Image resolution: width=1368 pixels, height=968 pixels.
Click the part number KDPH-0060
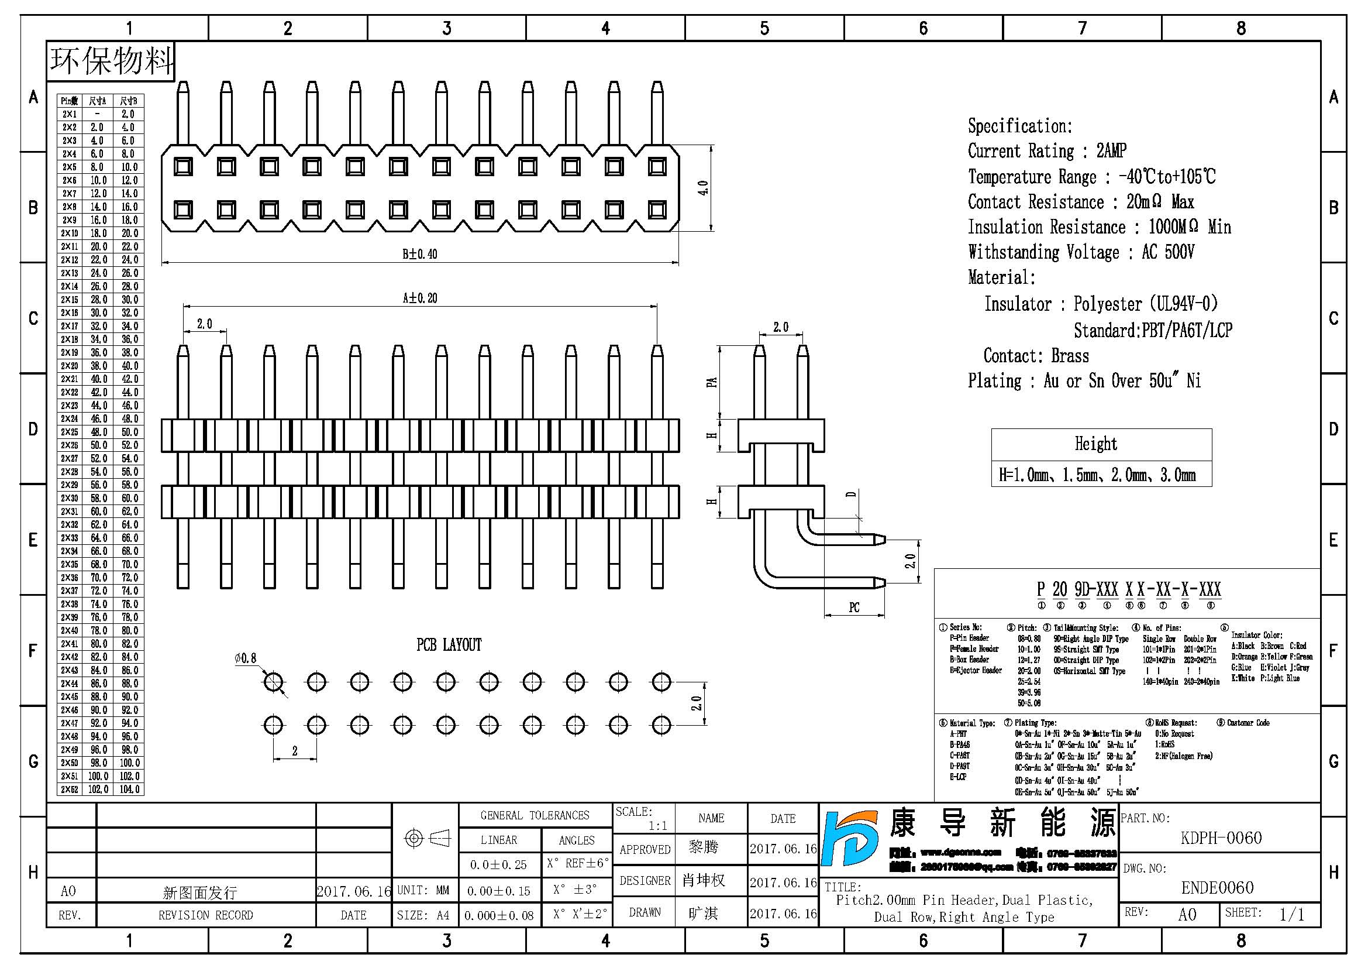[x=1221, y=838]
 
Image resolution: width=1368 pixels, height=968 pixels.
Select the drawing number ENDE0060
[x=1217, y=888]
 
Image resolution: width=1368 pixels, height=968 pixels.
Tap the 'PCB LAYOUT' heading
[x=449, y=645]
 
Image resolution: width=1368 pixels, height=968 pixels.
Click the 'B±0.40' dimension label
[x=419, y=255]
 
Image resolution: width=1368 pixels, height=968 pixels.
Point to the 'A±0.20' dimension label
[x=419, y=298]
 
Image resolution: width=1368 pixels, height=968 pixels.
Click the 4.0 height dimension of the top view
[x=703, y=188]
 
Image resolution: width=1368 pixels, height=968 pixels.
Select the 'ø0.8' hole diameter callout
[x=246, y=658]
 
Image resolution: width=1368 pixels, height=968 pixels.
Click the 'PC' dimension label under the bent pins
[x=854, y=607]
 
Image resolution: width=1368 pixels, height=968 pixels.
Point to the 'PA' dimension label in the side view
[x=711, y=382]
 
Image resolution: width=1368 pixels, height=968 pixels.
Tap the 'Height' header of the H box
[x=1095, y=444]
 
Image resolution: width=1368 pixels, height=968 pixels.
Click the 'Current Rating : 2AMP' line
[x=1047, y=151]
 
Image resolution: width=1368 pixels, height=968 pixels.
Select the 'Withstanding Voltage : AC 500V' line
[x=1081, y=252]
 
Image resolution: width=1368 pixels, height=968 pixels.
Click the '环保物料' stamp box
[x=111, y=61]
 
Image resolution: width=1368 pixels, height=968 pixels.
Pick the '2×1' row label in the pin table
[x=70, y=114]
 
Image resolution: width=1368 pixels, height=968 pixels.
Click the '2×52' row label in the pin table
[x=70, y=789]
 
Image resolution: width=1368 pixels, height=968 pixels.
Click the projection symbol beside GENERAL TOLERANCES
[x=426, y=839]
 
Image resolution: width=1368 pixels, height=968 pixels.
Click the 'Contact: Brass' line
[x=1036, y=356]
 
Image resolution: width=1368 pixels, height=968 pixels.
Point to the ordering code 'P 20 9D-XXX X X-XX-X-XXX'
[x=1128, y=589]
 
